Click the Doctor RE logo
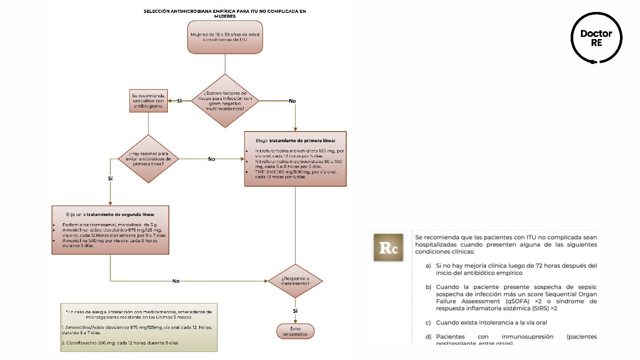tap(596, 38)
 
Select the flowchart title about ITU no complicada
tap(224, 13)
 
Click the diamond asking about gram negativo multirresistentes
tap(225, 101)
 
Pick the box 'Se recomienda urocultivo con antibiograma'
tap(148, 101)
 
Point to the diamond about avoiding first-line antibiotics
tap(148, 159)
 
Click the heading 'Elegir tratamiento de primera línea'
tap(295, 141)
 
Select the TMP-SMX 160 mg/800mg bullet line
tap(296, 174)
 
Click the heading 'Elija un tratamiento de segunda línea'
tap(110, 214)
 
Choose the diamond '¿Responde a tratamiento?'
tap(295, 281)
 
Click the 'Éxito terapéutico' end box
tap(295, 332)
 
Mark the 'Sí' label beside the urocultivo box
tap(180, 101)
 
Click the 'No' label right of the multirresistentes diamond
tap(292, 101)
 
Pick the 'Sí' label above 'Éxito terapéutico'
tap(295, 311)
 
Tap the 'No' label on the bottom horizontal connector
tap(176, 281)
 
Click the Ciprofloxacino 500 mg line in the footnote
tap(120, 343)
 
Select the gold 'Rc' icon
tap(388, 248)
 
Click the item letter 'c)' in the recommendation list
tap(428, 322)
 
